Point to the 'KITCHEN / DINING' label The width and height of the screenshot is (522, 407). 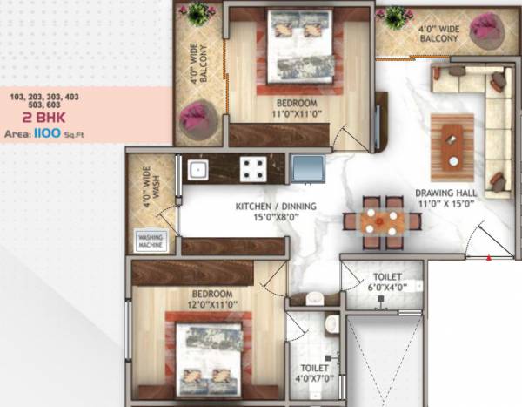coord(276,207)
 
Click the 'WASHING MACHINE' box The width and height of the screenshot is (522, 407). coord(150,241)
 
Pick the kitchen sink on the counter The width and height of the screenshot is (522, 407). coord(197,168)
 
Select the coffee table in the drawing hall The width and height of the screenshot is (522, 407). coord(452,146)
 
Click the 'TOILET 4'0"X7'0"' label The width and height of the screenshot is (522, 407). coord(311,373)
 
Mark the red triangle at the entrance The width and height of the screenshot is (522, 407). coord(489,257)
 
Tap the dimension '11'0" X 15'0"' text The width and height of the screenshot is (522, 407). coord(444,203)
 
